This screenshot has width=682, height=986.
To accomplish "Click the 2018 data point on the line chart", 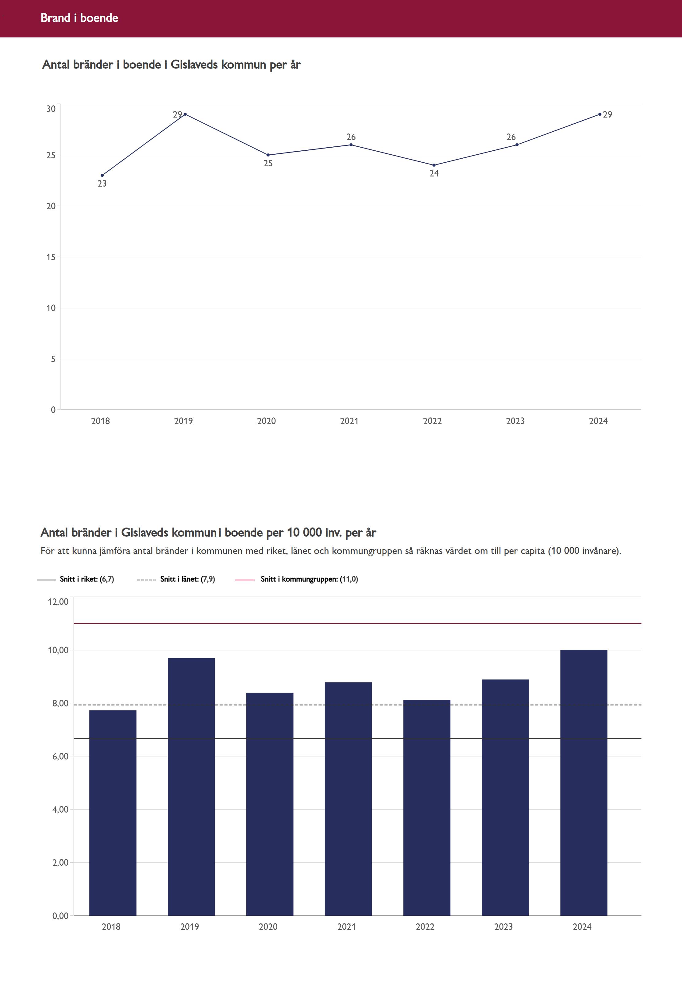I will pos(102,175).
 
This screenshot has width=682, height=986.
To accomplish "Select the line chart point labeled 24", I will pos(434,165).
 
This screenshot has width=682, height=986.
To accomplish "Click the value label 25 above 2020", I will pos(268,163).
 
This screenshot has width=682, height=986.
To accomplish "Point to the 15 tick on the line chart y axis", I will pos(51,257).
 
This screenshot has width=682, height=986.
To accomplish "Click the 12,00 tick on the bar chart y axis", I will pos(58,602).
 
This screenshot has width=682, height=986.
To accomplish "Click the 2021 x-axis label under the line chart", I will pos(349,421).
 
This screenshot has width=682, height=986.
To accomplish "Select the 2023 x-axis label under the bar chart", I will pos(503,926).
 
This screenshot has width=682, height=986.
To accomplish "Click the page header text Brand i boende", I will pos(79,18).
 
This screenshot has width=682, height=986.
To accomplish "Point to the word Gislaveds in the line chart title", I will pos(195,64).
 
